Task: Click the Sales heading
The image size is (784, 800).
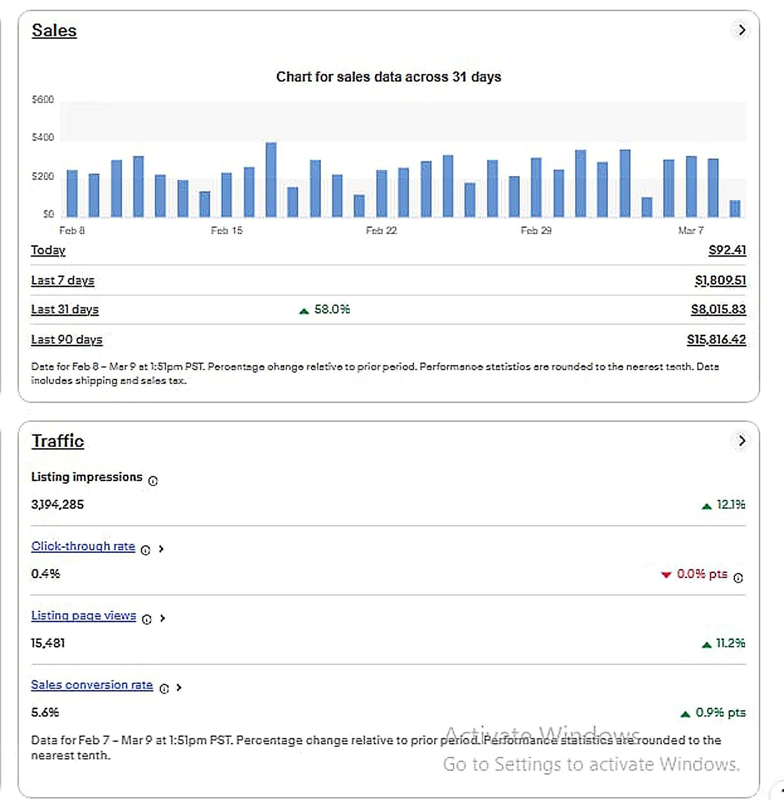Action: coord(54,30)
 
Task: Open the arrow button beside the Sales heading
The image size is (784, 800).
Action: coord(741,30)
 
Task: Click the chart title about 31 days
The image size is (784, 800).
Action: coord(389,77)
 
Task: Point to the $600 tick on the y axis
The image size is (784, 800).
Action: coord(43,100)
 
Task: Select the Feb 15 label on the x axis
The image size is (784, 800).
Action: coord(226,231)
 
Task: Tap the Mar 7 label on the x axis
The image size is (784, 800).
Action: coord(691,231)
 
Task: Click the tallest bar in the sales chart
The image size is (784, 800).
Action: coord(271,180)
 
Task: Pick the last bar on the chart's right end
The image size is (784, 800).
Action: coord(735,208)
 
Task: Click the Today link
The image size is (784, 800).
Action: coord(48,250)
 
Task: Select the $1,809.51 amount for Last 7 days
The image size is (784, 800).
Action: coord(720,281)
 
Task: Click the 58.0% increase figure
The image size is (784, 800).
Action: coord(332,310)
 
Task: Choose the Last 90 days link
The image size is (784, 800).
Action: coord(67,339)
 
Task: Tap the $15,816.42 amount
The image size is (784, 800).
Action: coord(716,339)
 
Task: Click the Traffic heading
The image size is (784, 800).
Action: coord(58,441)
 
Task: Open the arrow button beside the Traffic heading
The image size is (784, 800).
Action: coord(741,441)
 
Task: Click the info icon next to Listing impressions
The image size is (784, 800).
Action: coord(153,481)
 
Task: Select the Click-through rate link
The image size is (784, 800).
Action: coord(83,546)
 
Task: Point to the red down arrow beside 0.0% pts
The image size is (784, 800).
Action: coord(665,575)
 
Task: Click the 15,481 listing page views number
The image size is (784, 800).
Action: coord(48,643)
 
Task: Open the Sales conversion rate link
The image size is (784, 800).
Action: coord(92,685)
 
